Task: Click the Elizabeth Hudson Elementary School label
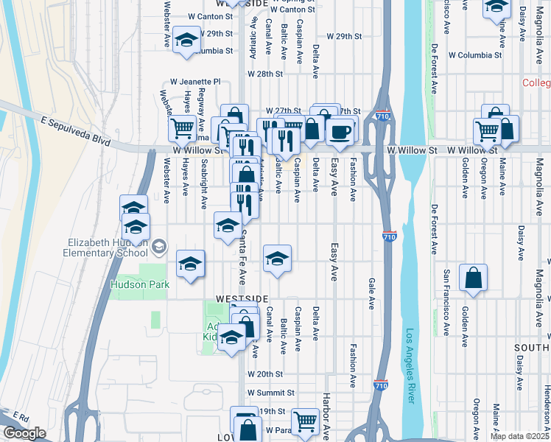tap(113, 248)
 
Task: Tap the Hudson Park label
tap(140, 284)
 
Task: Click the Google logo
tap(24, 433)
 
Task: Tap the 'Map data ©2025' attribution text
tap(519, 435)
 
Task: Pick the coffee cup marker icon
tap(340, 131)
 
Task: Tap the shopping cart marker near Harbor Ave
tap(305, 421)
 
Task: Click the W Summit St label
tap(270, 393)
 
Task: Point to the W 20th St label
tap(265, 374)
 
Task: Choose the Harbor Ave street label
tap(326, 412)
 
